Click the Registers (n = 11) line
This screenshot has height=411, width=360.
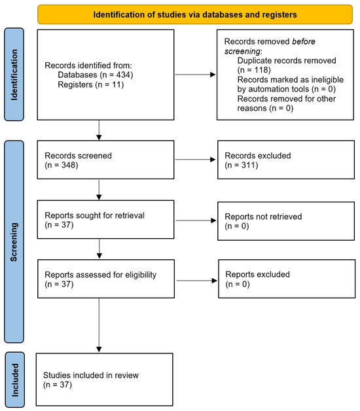click(x=84, y=84)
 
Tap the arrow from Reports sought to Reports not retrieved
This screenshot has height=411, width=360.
click(x=194, y=219)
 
